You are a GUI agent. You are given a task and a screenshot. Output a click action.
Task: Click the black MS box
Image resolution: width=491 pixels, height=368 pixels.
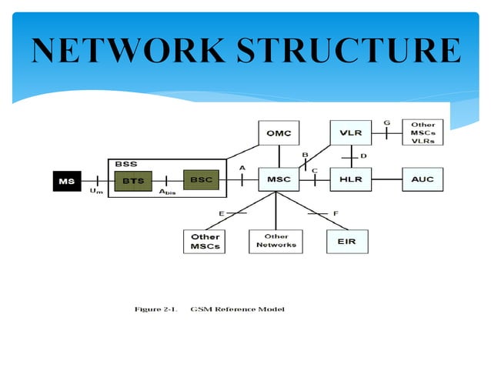click(67, 181)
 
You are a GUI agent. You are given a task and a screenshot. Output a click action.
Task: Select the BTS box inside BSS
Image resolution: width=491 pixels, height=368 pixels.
click(132, 180)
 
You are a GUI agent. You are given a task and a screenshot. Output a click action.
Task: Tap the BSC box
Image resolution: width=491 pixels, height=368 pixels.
click(201, 180)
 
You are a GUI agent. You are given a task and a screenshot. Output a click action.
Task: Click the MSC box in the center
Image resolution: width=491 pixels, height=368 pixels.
click(279, 180)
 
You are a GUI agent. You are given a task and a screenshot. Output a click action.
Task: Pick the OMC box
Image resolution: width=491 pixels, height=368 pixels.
click(279, 132)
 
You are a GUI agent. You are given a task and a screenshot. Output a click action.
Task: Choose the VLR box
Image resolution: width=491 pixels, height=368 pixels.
click(350, 132)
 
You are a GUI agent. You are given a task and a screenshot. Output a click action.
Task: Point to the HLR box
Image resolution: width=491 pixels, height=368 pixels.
click(350, 180)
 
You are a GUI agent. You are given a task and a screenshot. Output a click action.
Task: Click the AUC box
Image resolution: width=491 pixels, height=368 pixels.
click(423, 180)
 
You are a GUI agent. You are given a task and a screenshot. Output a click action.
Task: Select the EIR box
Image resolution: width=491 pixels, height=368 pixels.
click(347, 241)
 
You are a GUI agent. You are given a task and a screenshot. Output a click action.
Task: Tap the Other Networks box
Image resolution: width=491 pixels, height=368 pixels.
click(276, 241)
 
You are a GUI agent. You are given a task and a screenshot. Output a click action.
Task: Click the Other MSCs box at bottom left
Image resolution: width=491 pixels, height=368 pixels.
click(205, 241)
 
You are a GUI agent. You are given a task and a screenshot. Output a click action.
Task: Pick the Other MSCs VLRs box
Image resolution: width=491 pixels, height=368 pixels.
click(423, 132)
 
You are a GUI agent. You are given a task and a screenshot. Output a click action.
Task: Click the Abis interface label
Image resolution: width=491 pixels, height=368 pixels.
click(167, 192)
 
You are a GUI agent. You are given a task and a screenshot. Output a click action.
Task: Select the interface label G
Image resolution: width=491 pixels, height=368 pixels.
click(386, 122)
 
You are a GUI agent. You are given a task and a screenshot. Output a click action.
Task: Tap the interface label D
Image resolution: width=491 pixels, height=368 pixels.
click(363, 156)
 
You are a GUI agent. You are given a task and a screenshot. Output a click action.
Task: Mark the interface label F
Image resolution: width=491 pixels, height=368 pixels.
click(336, 212)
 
